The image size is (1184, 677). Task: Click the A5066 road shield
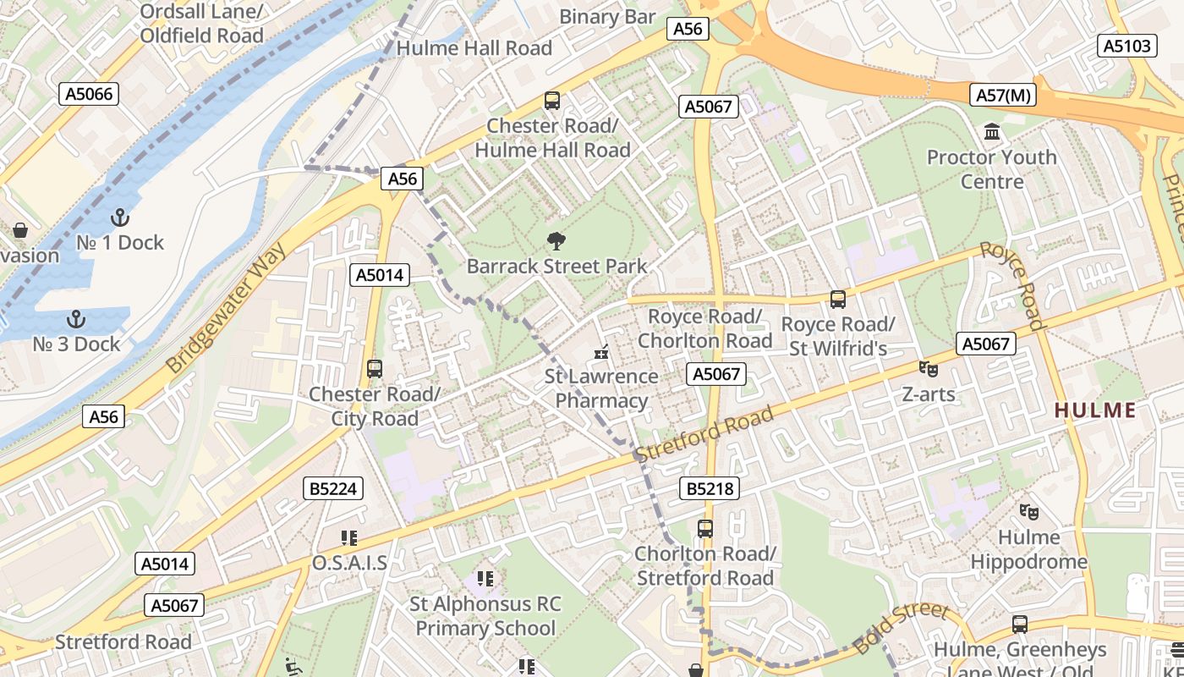(89, 94)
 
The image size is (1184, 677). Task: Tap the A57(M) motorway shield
(1004, 95)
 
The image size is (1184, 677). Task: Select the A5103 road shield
(1128, 46)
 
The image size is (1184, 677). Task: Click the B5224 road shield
(333, 488)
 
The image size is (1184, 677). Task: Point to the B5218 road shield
(710, 488)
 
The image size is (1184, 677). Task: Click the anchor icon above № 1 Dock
(119, 217)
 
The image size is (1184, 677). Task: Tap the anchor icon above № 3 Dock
(76, 319)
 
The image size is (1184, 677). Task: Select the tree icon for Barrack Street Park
(556, 241)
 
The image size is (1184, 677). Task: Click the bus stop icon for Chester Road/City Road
(374, 369)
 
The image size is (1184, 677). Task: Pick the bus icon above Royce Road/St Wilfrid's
(837, 300)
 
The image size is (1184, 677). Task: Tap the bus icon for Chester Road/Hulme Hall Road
(552, 101)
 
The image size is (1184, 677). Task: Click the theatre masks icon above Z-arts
(928, 369)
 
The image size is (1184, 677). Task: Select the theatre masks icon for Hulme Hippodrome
(1028, 511)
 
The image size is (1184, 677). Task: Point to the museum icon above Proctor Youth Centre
(991, 132)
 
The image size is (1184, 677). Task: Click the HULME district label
(1095, 410)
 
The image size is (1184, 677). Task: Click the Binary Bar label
(607, 17)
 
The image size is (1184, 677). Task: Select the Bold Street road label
(902, 628)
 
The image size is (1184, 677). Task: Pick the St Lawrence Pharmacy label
(601, 388)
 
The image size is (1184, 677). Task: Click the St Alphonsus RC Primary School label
(485, 616)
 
